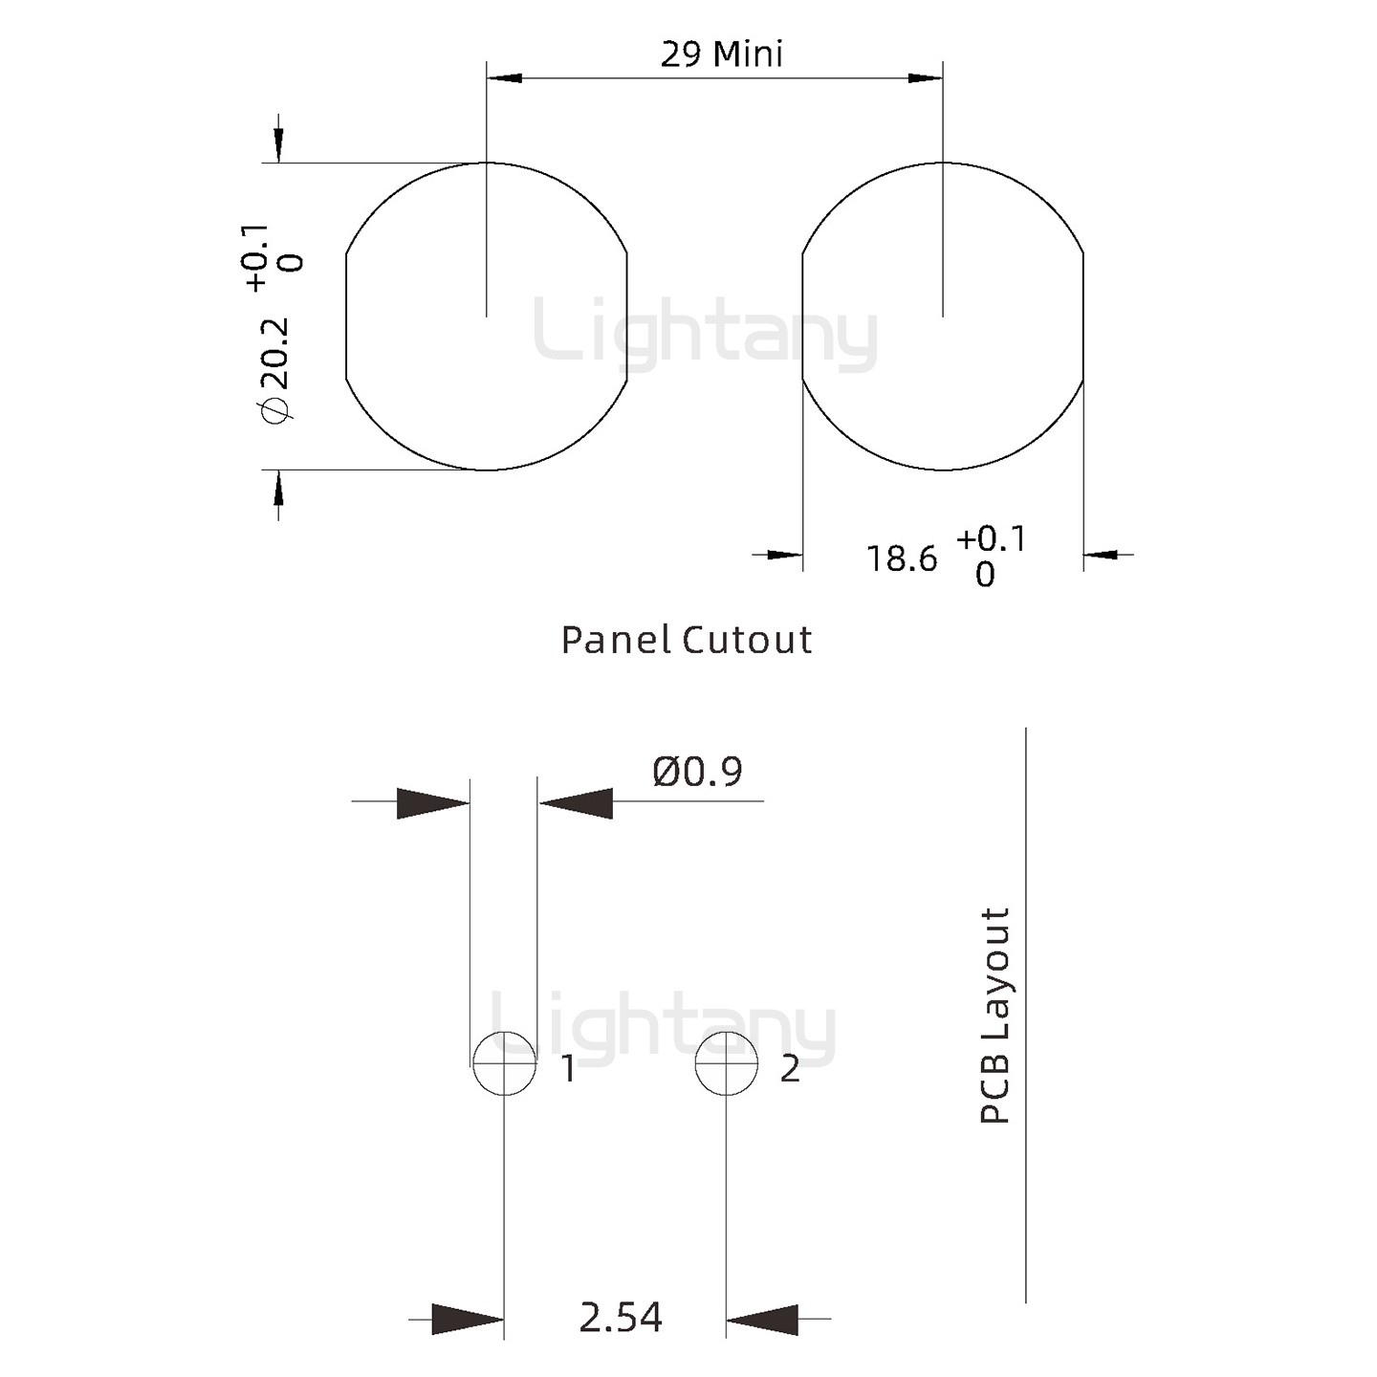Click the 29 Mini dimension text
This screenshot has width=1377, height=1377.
pos(721,55)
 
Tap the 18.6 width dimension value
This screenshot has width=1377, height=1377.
pos(901,558)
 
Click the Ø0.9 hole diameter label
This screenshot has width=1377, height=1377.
pos(697,772)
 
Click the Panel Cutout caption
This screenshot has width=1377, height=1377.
pos(687,640)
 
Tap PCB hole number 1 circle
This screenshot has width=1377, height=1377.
pos(505,1032)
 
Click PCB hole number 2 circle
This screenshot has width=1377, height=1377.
pos(726,1032)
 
